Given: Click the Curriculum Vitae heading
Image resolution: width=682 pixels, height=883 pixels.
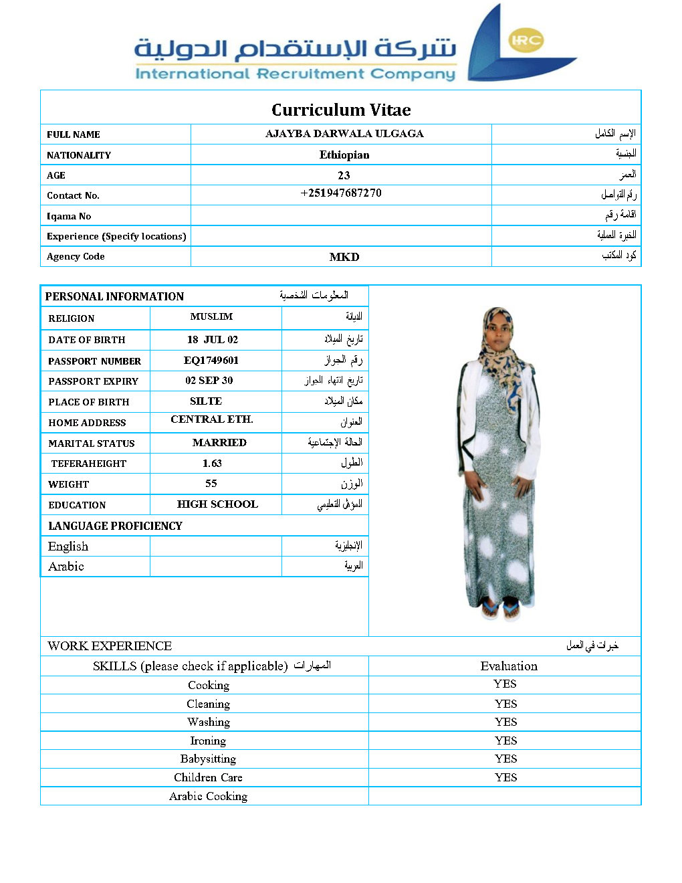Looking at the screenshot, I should point(341,110).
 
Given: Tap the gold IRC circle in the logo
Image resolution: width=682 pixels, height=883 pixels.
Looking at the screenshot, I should point(526,40).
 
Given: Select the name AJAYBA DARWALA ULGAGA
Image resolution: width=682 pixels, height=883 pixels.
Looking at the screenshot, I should point(344,134).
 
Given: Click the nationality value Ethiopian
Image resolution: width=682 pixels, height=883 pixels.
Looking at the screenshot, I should point(344,155).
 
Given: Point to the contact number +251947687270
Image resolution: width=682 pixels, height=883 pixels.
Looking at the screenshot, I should point(341,193).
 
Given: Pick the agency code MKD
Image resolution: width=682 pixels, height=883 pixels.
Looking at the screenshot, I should point(344,257).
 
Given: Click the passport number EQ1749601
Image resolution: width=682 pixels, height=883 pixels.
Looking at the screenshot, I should point(211,361).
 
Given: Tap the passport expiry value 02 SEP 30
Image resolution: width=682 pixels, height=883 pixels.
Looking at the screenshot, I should point(209,381).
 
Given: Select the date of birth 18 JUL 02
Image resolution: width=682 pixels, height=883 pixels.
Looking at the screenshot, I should point(213,340).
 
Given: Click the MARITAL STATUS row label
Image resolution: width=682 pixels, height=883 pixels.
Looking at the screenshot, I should point(92,444).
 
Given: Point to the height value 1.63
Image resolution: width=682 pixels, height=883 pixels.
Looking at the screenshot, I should point(212,464).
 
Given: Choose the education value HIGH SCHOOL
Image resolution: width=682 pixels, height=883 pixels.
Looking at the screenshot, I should point(217,504).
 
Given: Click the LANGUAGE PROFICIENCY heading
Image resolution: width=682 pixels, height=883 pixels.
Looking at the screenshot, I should point(115,526).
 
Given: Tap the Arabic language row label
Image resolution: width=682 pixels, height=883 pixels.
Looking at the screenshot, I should point(66,567).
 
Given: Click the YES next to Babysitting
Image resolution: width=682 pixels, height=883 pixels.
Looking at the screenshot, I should point(506,759).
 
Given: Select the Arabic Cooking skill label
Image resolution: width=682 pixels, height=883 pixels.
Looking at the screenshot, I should point(208,796).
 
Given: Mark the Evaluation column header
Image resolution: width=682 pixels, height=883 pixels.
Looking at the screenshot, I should point(509,666).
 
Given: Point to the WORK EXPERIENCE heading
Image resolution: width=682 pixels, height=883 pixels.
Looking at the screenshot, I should point(110,646).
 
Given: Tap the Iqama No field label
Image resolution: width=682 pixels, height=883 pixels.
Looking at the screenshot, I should point(69,216).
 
